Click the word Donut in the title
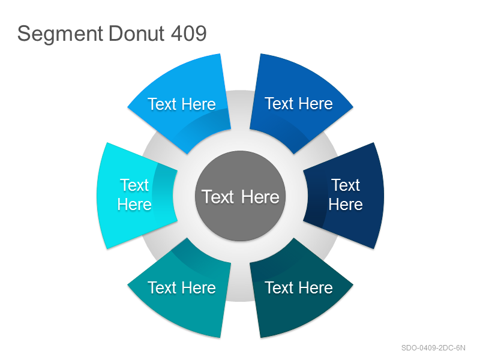pyautogui.click(x=137, y=33)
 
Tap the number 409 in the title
pyautogui.click(x=188, y=33)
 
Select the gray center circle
pyautogui.click(x=241, y=196)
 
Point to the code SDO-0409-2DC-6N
pyautogui.click(x=433, y=348)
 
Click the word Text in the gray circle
pyautogui.click(x=218, y=197)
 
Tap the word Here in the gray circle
pyautogui.click(x=260, y=197)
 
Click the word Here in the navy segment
pyautogui.click(x=346, y=204)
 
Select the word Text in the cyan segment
pyautogui.click(x=134, y=185)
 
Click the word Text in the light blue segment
pyautogui.click(x=162, y=104)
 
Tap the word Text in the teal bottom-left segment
pyautogui.click(x=162, y=288)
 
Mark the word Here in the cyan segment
pyautogui.click(x=134, y=204)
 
